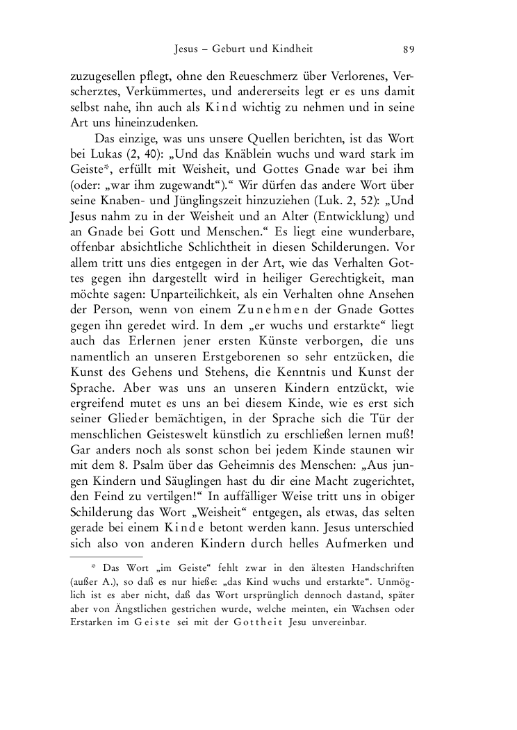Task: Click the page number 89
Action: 409,49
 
